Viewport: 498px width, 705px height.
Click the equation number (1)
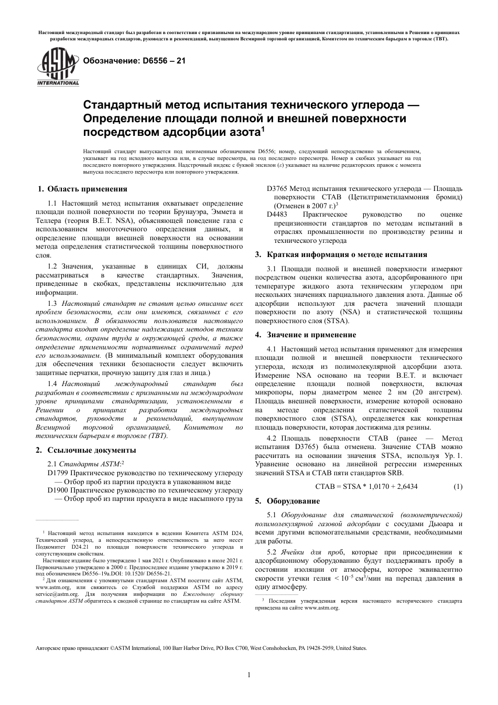tap(457, 486)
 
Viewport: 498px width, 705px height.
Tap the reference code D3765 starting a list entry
tap(277, 188)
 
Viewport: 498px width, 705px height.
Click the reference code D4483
tap(277, 214)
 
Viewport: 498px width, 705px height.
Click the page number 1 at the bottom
tap(249, 675)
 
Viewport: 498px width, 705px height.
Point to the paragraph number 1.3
tap(52, 303)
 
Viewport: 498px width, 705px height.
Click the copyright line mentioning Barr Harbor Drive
tap(201, 648)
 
